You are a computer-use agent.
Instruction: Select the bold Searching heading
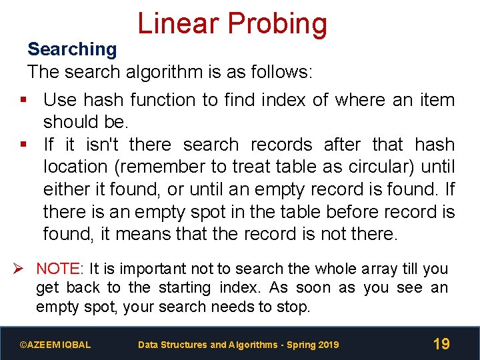72,49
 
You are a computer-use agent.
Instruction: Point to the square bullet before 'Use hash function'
23,100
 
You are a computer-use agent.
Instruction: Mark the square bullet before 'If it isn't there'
23,145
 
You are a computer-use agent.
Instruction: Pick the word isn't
99,145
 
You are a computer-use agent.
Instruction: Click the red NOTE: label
60,269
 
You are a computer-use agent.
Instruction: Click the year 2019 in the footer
327,345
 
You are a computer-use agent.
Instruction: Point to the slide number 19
441,344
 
